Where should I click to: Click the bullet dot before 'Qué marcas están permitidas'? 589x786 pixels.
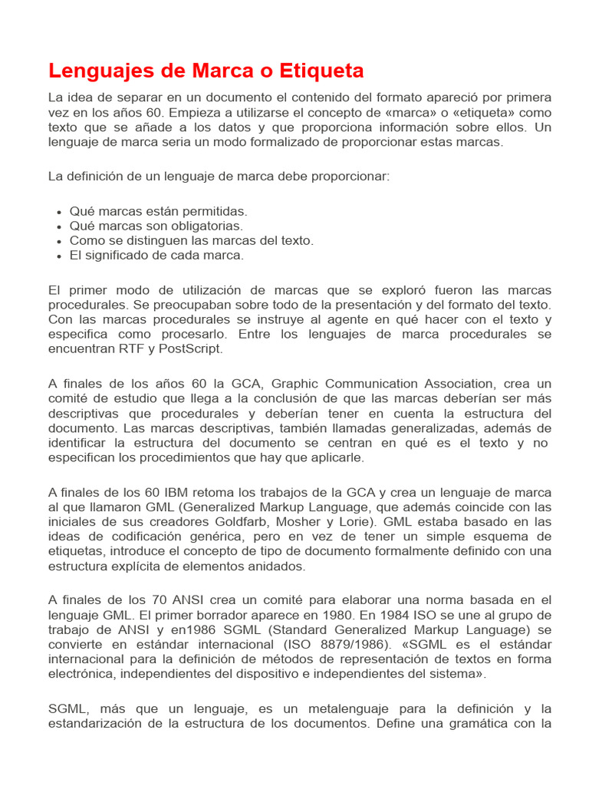(x=59, y=212)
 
